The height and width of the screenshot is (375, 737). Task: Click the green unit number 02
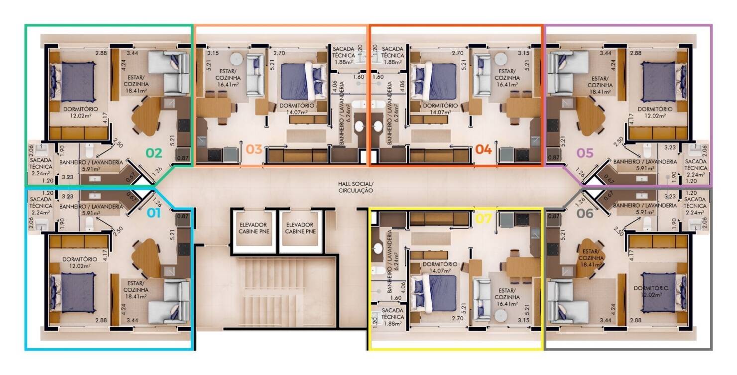pyautogui.click(x=153, y=152)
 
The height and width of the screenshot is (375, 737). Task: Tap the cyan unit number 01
pyautogui.click(x=153, y=214)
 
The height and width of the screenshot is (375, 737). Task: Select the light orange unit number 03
pyautogui.click(x=254, y=149)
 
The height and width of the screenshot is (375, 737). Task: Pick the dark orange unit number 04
pyautogui.click(x=483, y=149)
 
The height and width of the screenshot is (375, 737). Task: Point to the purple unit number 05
pyautogui.click(x=585, y=152)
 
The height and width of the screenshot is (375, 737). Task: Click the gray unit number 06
pyautogui.click(x=585, y=214)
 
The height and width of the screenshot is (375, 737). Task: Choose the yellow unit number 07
pyautogui.click(x=484, y=218)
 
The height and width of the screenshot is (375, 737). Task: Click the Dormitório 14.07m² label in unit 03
pyautogui.click(x=297, y=109)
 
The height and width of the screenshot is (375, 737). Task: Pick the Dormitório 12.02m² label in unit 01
pyautogui.click(x=80, y=262)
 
